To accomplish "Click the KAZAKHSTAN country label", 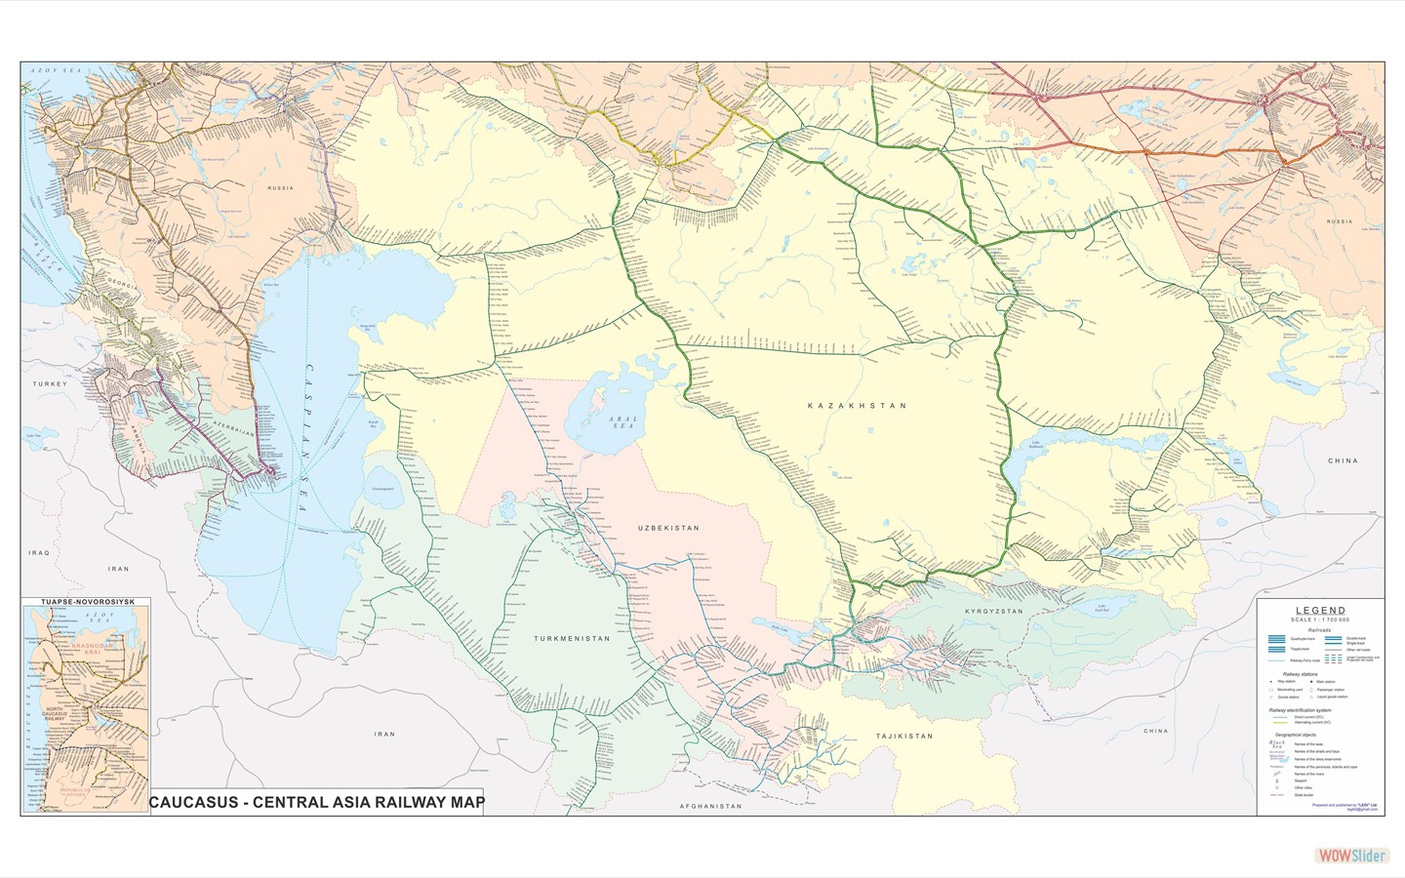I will click(x=857, y=405).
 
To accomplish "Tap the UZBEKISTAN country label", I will click(x=668, y=528).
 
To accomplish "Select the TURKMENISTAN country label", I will click(x=571, y=639).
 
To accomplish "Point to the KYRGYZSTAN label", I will click(x=993, y=612).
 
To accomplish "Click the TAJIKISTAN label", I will click(x=903, y=737).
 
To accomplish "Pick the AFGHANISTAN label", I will click(x=710, y=807).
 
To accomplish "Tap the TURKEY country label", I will click(x=50, y=384).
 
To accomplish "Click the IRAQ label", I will click(x=39, y=553).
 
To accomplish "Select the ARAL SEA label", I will click(x=622, y=422).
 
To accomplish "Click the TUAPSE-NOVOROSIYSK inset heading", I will click(x=86, y=603).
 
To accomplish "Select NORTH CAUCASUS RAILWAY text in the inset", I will click(x=67, y=717).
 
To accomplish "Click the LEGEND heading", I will click(x=1319, y=611).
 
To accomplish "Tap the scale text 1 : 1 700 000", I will click(x=1319, y=620).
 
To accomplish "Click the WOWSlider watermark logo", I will click(x=1351, y=856).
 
